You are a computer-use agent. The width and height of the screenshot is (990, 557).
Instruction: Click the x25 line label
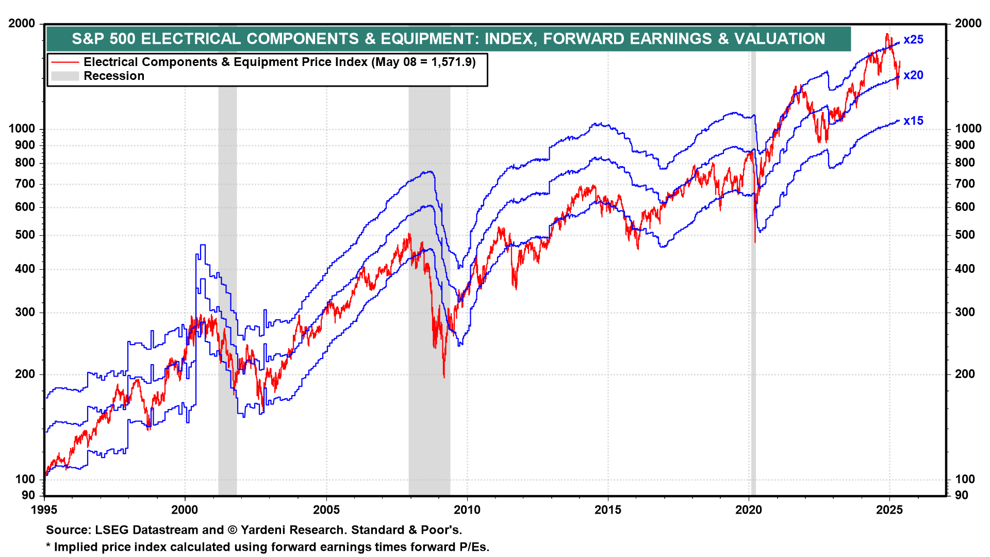[x=913, y=40]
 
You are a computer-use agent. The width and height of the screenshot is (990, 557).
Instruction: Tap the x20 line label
[x=913, y=75]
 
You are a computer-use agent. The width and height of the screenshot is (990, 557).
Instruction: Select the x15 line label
[x=913, y=121]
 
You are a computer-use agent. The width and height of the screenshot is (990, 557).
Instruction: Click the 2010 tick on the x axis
[x=467, y=510]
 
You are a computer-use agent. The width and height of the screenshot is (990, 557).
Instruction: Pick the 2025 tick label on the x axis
[x=889, y=510]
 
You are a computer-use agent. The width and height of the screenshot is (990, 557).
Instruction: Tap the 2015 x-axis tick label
[x=608, y=510]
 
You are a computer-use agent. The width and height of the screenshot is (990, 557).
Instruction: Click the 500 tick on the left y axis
[x=25, y=235]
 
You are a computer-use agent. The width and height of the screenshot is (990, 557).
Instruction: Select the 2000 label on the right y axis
[x=968, y=24]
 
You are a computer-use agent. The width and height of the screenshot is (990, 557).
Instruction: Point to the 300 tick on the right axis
[x=965, y=313]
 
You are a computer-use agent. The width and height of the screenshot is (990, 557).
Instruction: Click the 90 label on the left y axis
[x=28, y=496]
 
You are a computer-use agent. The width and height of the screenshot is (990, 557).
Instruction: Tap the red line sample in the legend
[x=65, y=62]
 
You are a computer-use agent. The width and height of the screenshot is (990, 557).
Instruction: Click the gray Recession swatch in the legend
[x=65, y=76]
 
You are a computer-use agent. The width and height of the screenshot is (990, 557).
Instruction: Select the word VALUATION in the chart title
[x=780, y=39]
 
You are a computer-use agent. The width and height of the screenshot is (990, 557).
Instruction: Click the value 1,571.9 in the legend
[x=451, y=62]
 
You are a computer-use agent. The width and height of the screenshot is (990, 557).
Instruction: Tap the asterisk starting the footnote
[x=48, y=547]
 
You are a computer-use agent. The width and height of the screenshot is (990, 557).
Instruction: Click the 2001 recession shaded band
[x=227, y=258]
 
